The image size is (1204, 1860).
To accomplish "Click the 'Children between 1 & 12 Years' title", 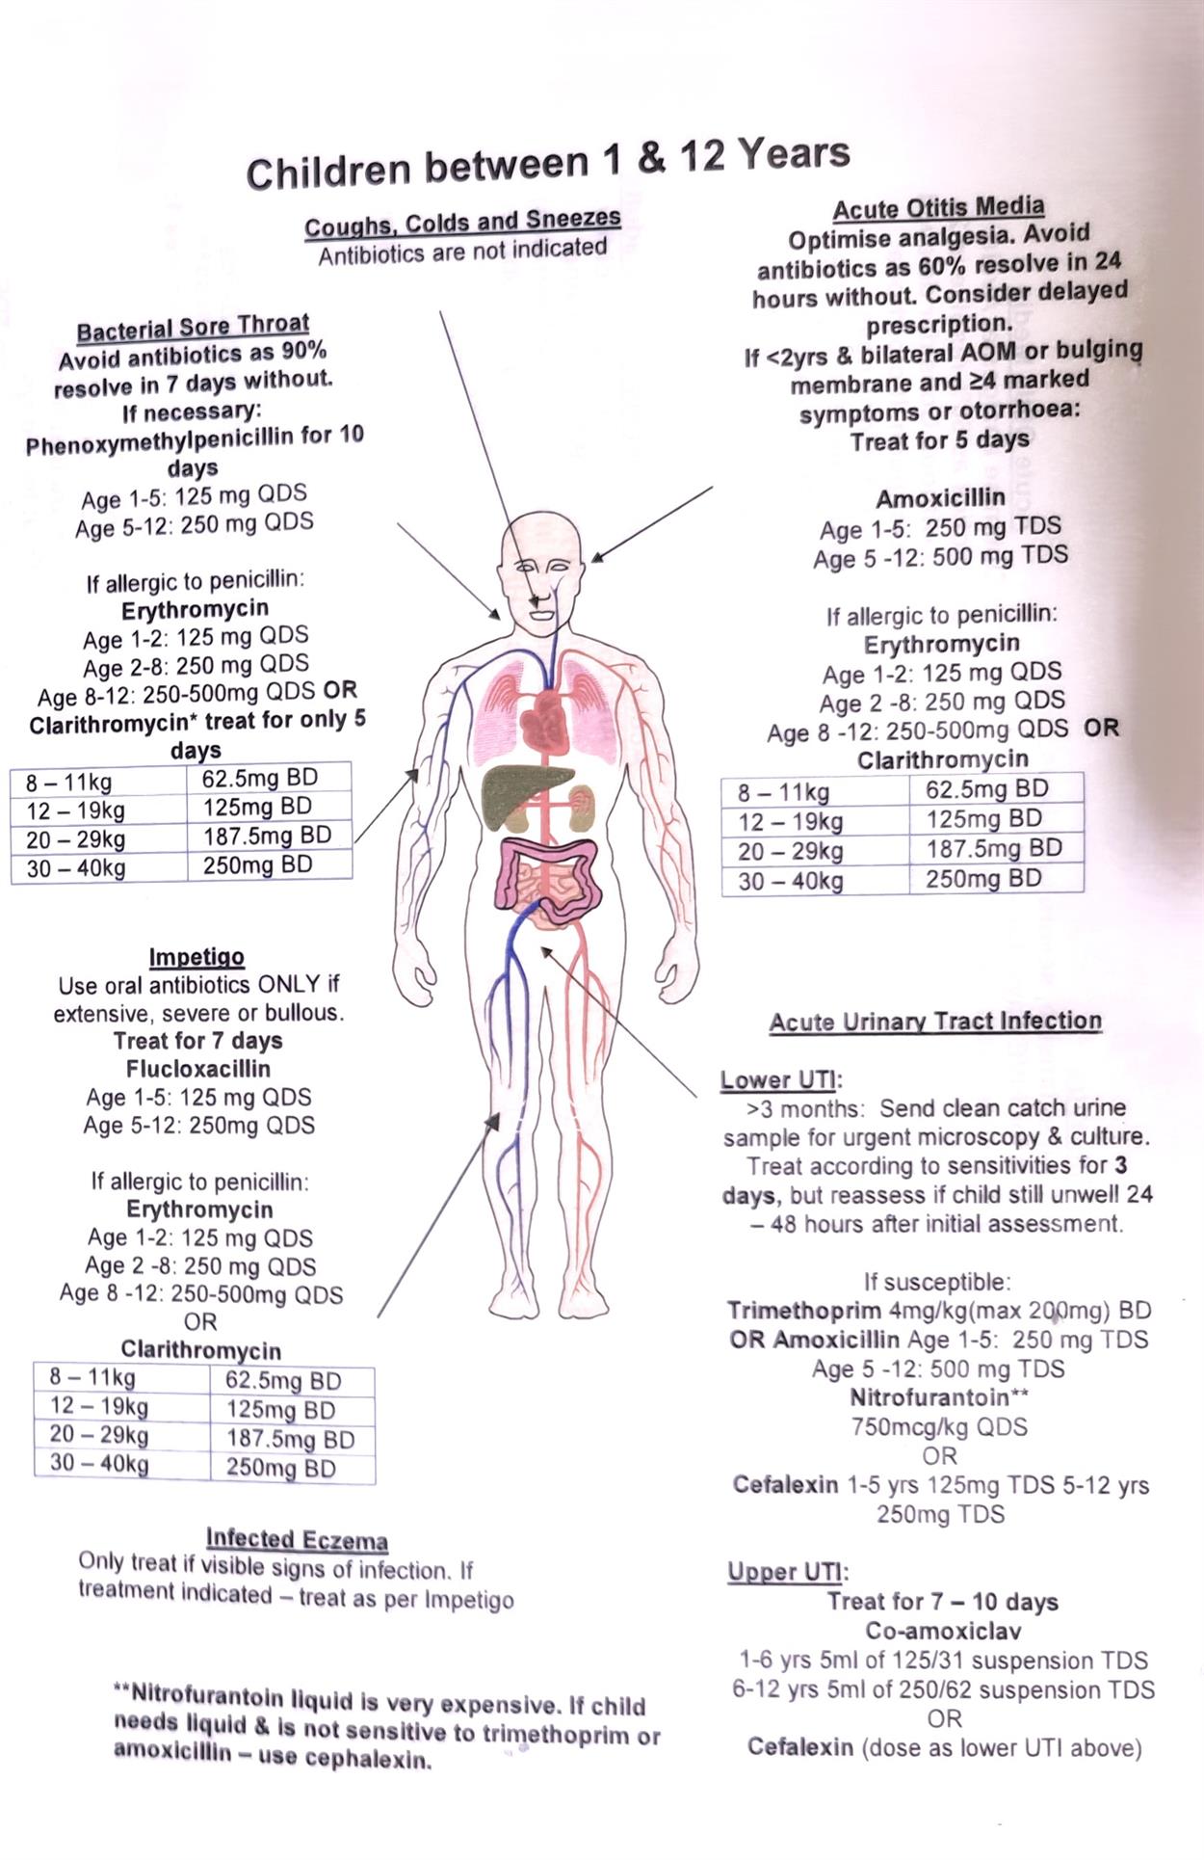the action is coord(547,163).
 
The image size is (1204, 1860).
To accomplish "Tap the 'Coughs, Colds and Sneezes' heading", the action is coord(462,223).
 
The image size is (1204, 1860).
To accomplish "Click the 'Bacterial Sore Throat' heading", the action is coord(193,328).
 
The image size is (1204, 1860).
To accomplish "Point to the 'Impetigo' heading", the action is coord(196,957).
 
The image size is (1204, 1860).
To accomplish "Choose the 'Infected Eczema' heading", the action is coord(297,1539).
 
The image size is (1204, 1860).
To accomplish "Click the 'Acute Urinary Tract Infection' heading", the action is coord(935,1022).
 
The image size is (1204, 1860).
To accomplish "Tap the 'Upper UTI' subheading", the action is coord(786,1572).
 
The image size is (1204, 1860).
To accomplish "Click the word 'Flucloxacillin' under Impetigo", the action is coord(198,1069).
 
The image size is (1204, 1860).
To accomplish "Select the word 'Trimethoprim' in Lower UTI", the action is coord(803,1312).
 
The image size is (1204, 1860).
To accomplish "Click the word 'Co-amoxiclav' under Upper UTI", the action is coord(943,1632).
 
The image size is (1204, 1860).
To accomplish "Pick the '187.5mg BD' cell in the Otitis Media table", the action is coord(994,849).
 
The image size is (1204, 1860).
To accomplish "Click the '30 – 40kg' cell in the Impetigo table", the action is coord(99,1465).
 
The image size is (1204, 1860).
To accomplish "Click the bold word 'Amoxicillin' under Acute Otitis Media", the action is coord(940,498).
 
